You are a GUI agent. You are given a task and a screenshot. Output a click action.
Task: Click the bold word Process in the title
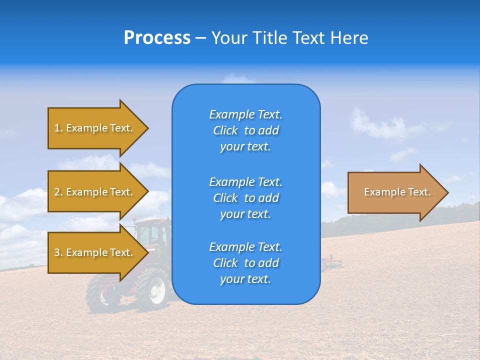(x=157, y=38)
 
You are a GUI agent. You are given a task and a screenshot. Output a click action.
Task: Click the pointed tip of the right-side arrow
(x=446, y=192)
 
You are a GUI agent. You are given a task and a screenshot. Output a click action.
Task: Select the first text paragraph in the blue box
(x=245, y=130)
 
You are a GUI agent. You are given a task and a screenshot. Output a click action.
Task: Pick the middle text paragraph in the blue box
(x=245, y=197)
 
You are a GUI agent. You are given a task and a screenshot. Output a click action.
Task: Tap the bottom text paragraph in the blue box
(x=245, y=263)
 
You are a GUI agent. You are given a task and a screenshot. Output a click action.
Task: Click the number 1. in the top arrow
(x=58, y=128)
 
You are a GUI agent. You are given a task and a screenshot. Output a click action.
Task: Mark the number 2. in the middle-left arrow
(x=58, y=192)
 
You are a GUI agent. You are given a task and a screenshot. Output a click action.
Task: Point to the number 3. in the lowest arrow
(x=58, y=252)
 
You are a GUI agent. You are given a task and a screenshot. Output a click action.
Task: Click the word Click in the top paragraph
(x=225, y=130)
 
